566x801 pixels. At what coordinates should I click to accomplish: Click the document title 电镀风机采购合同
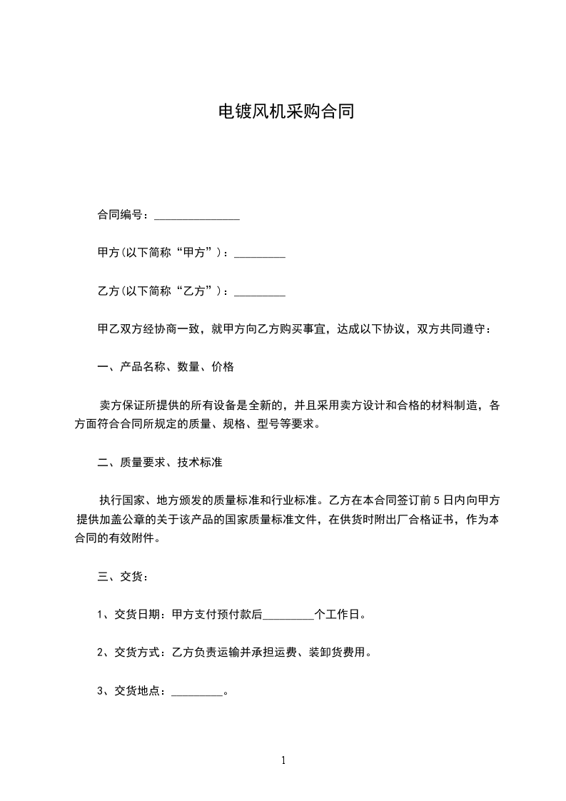285,112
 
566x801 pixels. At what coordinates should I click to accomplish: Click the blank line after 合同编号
196,215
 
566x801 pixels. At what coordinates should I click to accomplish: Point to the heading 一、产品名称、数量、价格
165,368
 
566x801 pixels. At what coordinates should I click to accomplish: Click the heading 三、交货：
122,576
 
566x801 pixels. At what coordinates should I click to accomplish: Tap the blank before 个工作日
289,614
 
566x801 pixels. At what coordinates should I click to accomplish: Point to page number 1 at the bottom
283,760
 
